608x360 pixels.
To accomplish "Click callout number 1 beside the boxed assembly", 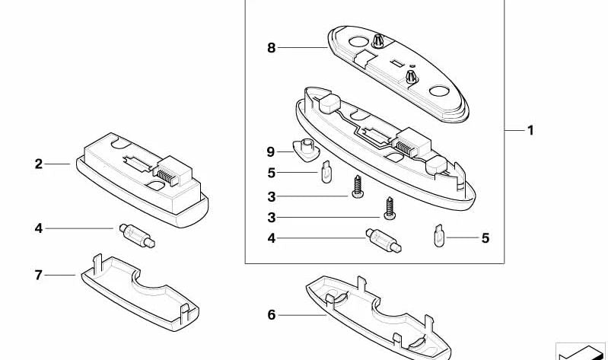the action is tap(530, 130).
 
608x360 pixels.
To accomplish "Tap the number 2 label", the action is tap(38, 164).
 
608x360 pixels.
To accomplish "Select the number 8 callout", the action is tap(272, 48).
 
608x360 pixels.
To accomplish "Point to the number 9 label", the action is tap(271, 152).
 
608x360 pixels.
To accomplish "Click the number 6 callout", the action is tap(272, 315).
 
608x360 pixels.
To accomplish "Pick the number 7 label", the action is tap(38, 275).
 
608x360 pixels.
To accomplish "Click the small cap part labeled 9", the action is tap(306, 149).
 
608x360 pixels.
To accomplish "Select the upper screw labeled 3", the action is tap(358, 186).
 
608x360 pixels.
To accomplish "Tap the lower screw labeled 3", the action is tap(390, 209).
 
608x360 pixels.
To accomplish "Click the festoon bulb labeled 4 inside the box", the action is tap(384, 241).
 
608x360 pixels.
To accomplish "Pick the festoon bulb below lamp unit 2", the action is tap(137, 235).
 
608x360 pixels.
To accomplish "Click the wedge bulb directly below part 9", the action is tap(326, 172).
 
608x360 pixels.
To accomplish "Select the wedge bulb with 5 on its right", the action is tap(438, 236).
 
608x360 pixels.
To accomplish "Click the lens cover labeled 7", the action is tap(140, 293).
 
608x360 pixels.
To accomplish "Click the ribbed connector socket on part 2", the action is tap(173, 171).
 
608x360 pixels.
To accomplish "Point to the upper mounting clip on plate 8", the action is tap(377, 41).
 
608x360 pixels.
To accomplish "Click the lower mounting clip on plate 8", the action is tap(412, 76).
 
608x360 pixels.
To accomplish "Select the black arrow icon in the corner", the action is tap(581, 352).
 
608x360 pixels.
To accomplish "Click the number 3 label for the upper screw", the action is tap(272, 196).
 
